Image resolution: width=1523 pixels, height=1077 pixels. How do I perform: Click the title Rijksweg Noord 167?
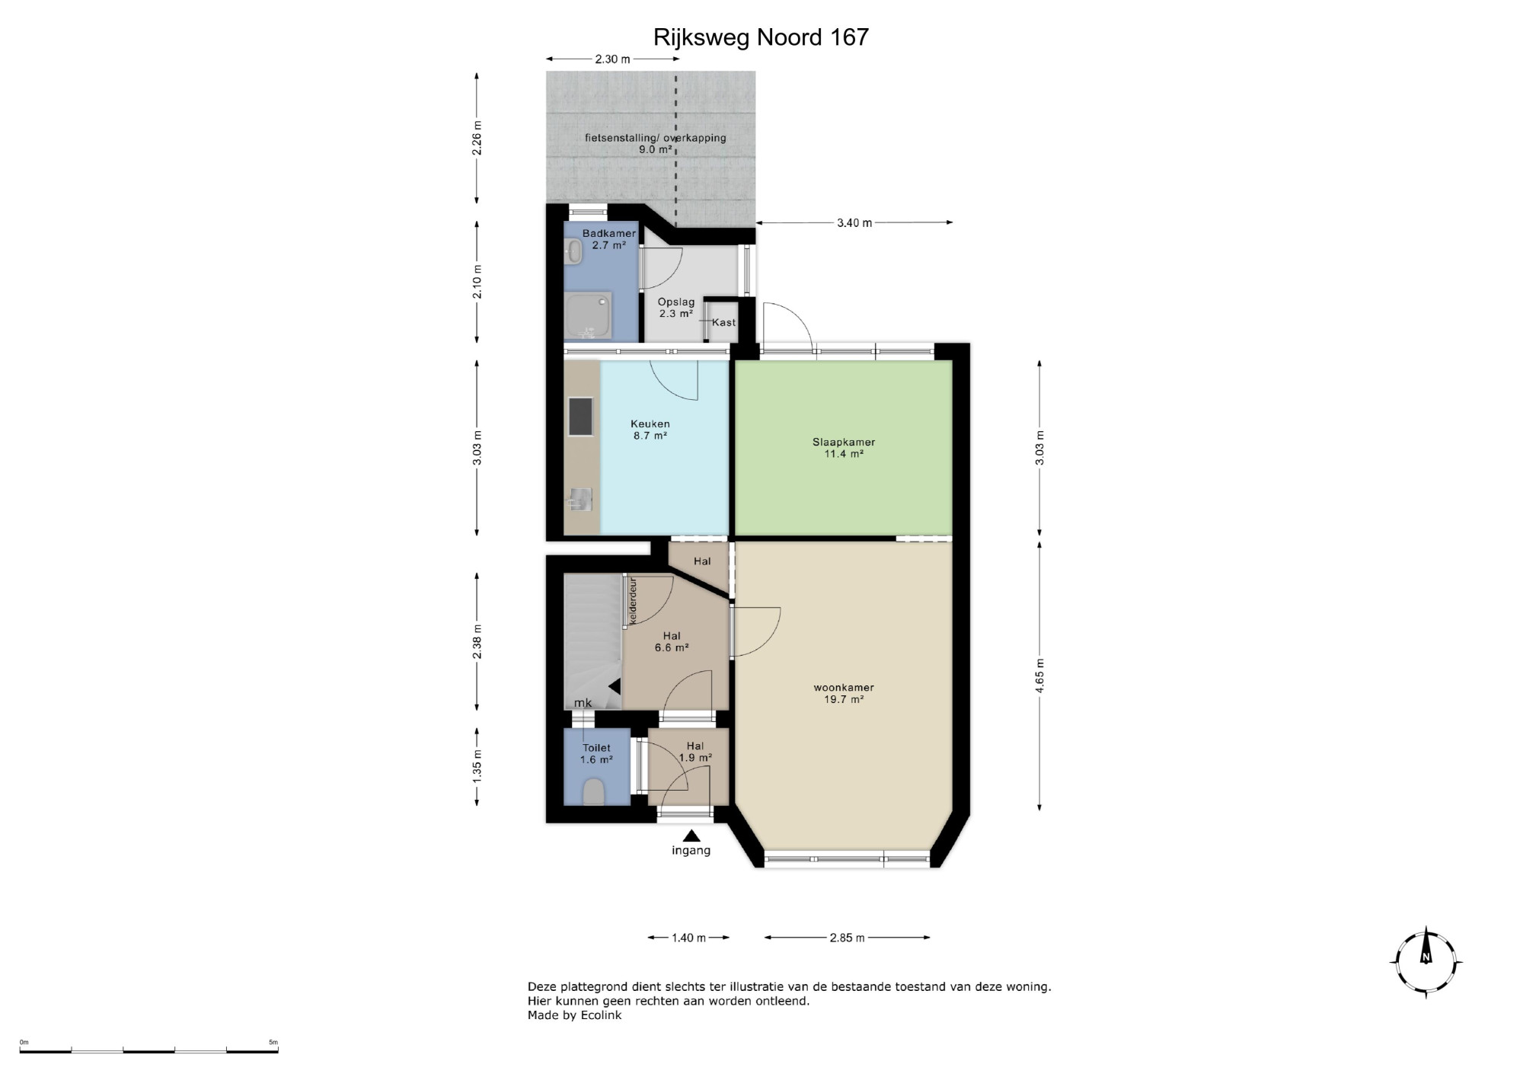tap(761, 37)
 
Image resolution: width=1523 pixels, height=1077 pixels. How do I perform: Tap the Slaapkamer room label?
tap(843, 442)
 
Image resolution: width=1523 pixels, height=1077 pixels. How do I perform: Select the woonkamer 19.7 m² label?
tap(844, 693)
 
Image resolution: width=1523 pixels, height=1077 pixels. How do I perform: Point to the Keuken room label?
tap(650, 424)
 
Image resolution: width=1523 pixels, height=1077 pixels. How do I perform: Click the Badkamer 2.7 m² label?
tap(609, 239)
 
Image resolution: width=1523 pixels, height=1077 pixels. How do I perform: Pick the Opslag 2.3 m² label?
tap(676, 308)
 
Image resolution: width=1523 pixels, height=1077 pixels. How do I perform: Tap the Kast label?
tap(724, 322)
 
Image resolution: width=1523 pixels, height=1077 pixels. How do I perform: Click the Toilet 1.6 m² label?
tap(597, 754)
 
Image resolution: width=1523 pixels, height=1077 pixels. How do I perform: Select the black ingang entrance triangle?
tap(691, 836)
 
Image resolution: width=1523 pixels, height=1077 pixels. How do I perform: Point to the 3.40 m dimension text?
tap(854, 223)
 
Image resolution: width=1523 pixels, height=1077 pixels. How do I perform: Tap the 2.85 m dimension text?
tap(848, 938)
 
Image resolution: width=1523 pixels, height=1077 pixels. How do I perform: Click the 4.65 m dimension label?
tap(1040, 675)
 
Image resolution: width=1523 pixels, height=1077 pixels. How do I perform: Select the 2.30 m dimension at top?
tap(612, 59)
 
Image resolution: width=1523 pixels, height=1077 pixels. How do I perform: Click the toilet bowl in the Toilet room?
tap(593, 792)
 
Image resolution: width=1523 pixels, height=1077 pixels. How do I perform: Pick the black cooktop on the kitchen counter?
tap(580, 417)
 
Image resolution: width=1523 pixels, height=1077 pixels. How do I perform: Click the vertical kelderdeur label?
tap(633, 602)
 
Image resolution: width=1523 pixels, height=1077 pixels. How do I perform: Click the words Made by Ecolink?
tap(574, 1015)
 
